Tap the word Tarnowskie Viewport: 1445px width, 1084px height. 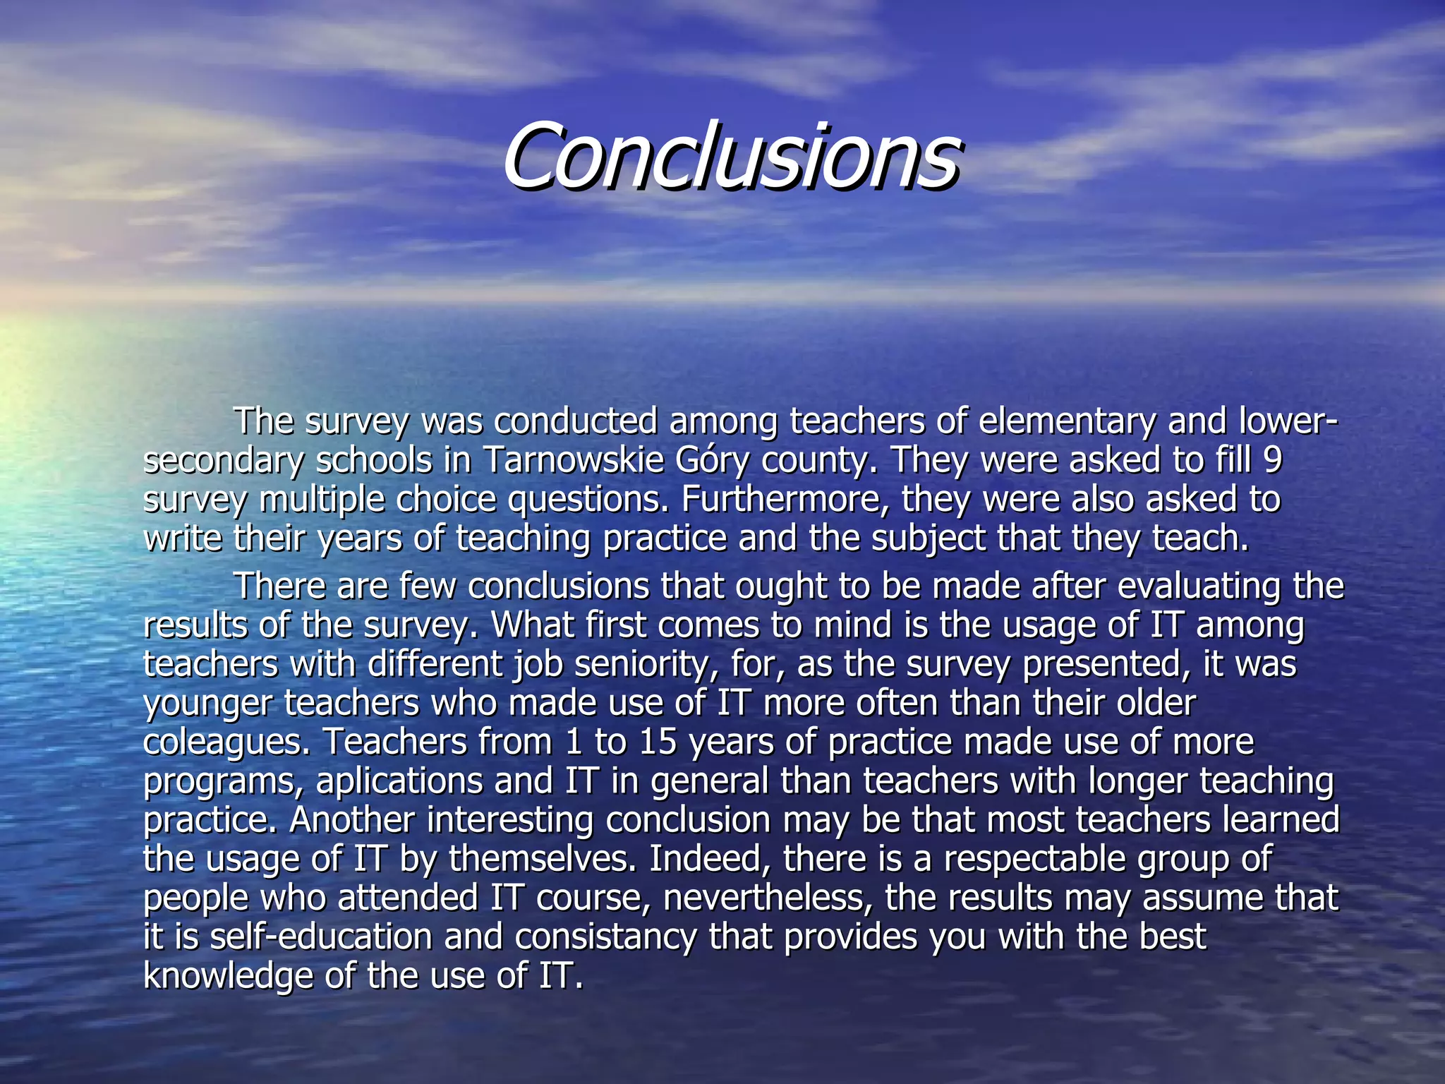573,461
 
